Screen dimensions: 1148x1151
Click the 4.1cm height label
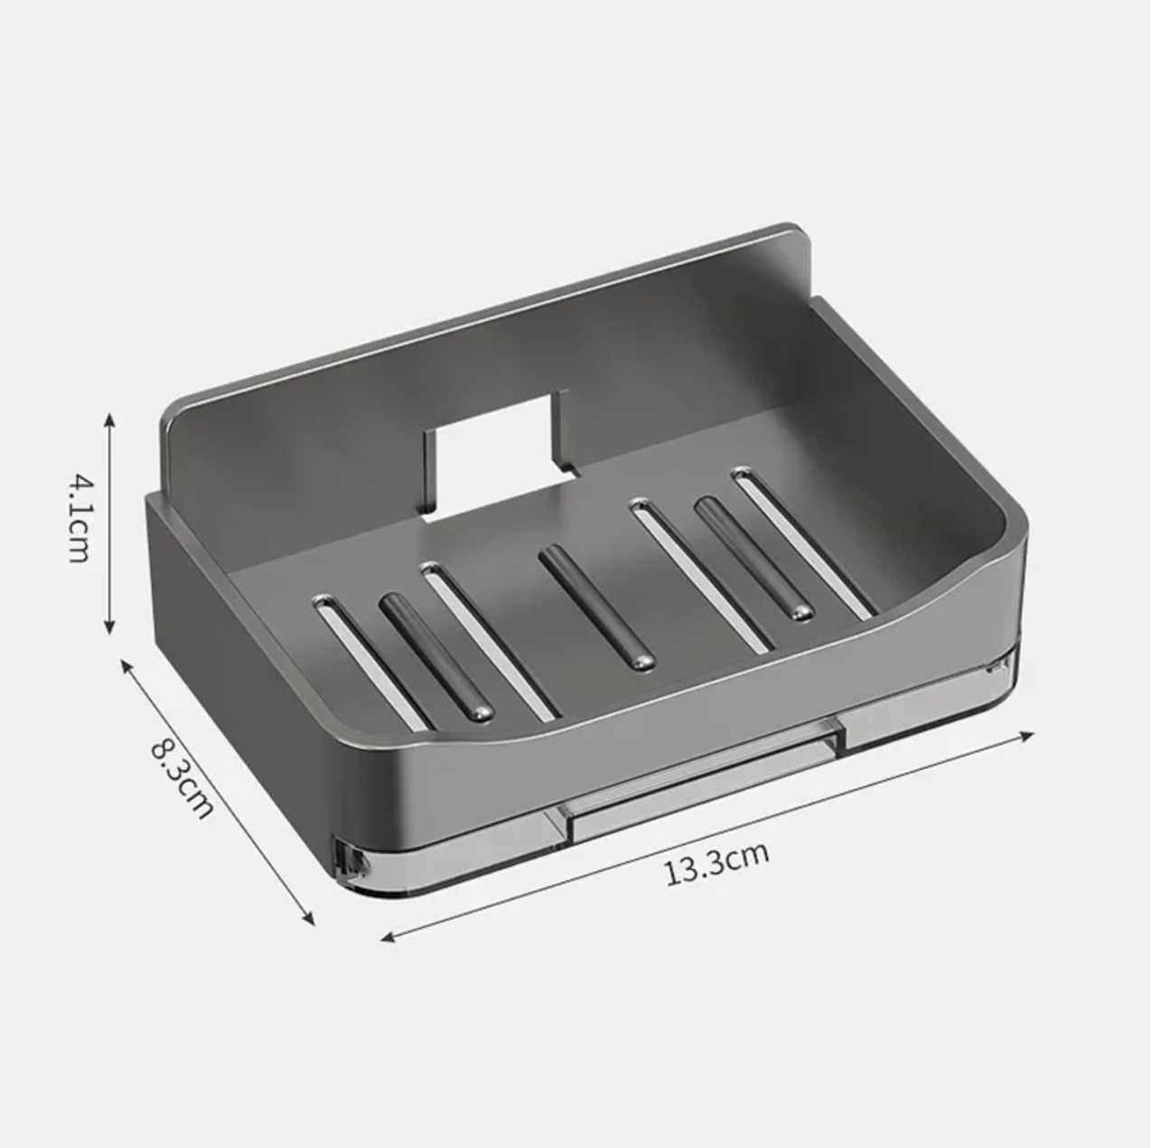pyautogui.click(x=80, y=520)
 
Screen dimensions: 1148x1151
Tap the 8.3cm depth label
pyautogui.click(x=182, y=778)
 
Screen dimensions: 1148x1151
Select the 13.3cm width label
pyautogui.click(x=717, y=863)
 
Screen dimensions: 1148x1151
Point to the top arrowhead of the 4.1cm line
pyautogui.click(x=109, y=419)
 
